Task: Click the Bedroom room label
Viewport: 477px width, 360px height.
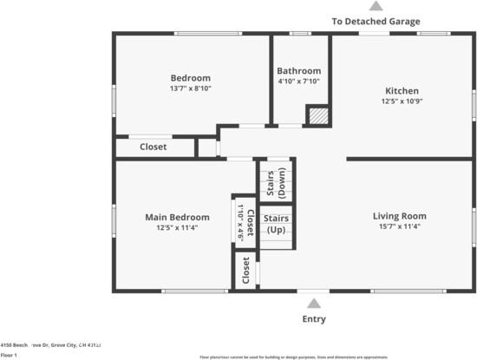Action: (190, 77)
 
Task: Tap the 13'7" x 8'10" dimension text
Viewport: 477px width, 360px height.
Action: (190, 88)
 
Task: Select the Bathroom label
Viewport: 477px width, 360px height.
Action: (298, 70)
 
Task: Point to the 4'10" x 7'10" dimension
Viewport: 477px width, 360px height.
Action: (298, 81)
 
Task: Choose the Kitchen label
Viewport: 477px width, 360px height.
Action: (402, 90)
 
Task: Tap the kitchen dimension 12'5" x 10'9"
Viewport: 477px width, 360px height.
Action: (402, 101)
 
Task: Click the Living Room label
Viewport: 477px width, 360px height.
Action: (400, 216)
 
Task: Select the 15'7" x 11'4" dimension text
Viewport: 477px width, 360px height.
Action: (400, 226)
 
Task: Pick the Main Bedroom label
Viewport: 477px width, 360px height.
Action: (177, 217)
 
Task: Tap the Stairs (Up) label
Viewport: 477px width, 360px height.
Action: (276, 224)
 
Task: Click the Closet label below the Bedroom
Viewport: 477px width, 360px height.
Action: (154, 147)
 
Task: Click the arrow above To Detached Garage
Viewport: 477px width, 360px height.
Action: (376, 6)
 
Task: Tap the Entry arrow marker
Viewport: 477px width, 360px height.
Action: (314, 304)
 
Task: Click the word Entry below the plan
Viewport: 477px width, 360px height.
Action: (314, 319)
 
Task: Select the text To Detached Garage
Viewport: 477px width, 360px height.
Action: (376, 21)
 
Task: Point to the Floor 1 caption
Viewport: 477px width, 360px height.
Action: (9, 355)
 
